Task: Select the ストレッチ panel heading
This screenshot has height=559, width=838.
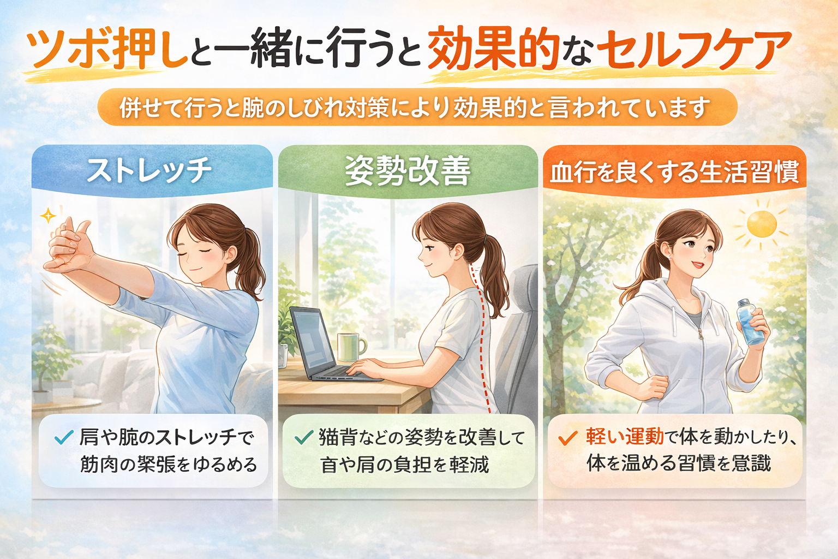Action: tap(149, 171)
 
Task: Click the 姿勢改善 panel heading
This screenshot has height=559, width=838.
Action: tap(408, 171)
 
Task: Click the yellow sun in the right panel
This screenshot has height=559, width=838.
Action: tap(762, 224)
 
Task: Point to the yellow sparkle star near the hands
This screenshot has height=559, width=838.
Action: tap(48, 216)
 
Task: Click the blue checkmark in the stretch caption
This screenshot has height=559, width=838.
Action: tap(64, 437)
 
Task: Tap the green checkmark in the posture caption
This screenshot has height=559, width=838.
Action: tap(304, 437)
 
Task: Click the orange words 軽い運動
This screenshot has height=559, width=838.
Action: tap(625, 437)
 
